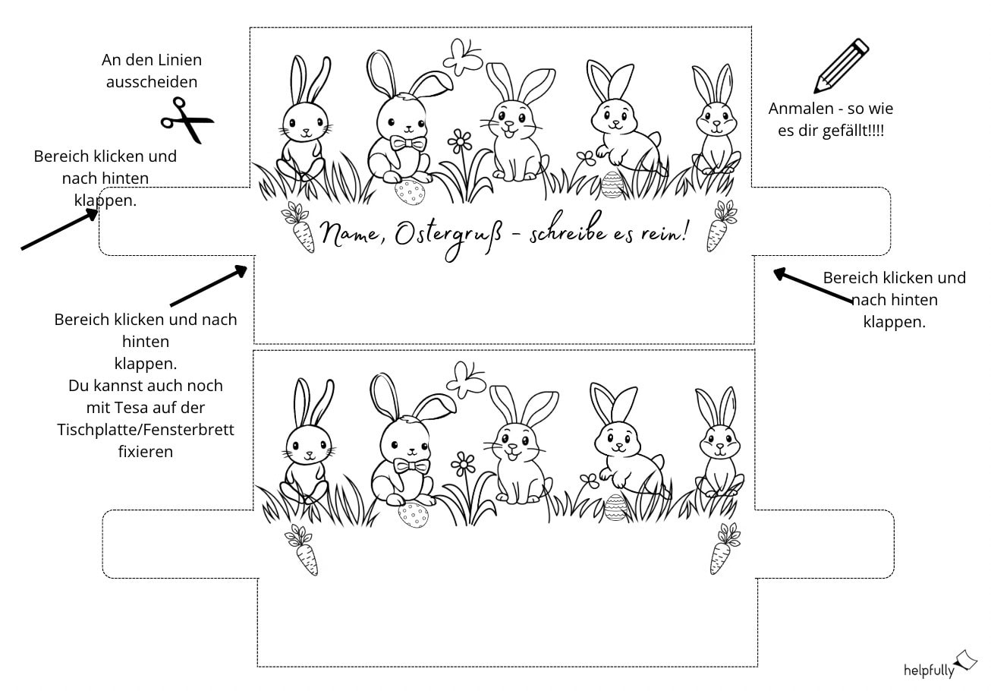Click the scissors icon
click(x=187, y=120)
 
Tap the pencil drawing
click(x=842, y=65)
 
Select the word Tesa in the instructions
click(x=124, y=407)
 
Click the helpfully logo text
click(x=929, y=670)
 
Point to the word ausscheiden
click(x=152, y=82)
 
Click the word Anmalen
click(x=801, y=109)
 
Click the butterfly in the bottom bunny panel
click(x=466, y=380)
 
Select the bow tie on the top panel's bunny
click(x=408, y=144)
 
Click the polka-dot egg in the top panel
click(x=410, y=191)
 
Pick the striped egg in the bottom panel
click(x=615, y=506)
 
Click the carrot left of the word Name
click(x=299, y=227)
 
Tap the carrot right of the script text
click(x=721, y=226)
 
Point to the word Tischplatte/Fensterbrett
click(x=146, y=430)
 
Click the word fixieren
click(x=146, y=452)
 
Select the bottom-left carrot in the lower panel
click(x=302, y=550)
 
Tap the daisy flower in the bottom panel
click(x=463, y=465)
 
